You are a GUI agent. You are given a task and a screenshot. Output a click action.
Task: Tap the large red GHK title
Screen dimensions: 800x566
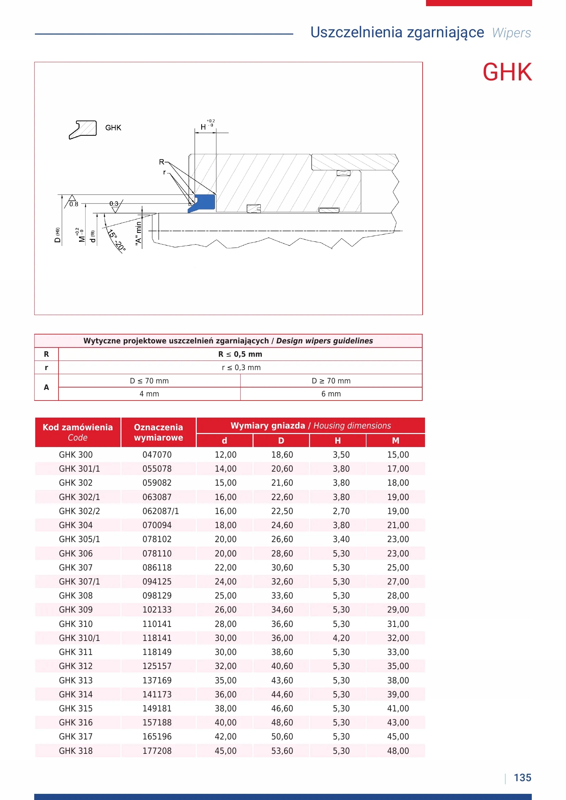(x=507, y=72)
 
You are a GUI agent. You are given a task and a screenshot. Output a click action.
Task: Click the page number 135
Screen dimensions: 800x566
(x=523, y=778)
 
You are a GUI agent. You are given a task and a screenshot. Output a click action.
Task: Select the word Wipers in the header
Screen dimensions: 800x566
(x=511, y=33)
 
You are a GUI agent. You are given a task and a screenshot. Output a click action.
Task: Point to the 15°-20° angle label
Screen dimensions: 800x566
(x=116, y=240)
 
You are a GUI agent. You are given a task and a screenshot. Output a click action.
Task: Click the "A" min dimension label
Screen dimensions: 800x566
(x=139, y=233)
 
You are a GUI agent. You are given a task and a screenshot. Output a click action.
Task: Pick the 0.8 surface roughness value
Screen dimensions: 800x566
(x=74, y=204)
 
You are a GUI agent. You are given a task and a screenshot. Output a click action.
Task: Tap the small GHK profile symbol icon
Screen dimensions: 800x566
(x=83, y=130)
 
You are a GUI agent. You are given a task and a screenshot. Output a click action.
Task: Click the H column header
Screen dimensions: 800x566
(x=337, y=441)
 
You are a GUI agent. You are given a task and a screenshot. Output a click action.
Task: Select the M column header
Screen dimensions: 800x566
(x=395, y=441)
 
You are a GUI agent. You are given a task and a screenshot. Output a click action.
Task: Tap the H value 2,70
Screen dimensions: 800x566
(x=341, y=511)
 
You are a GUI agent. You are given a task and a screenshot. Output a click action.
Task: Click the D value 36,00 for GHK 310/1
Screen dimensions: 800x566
(x=282, y=638)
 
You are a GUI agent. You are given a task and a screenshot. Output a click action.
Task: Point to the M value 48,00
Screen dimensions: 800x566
(x=398, y=751)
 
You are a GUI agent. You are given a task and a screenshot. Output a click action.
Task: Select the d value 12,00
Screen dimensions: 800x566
(x=226, y=455)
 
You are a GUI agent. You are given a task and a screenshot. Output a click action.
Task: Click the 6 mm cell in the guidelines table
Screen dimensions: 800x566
(x=331, y=394)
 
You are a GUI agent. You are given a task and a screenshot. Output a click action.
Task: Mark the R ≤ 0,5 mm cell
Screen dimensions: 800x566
(x=240, y=354)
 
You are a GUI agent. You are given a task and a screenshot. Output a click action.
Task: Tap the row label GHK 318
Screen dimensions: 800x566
(x=76, y=751)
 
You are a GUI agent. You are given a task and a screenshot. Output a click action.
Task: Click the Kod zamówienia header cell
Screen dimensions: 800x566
(x=78, y=432)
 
